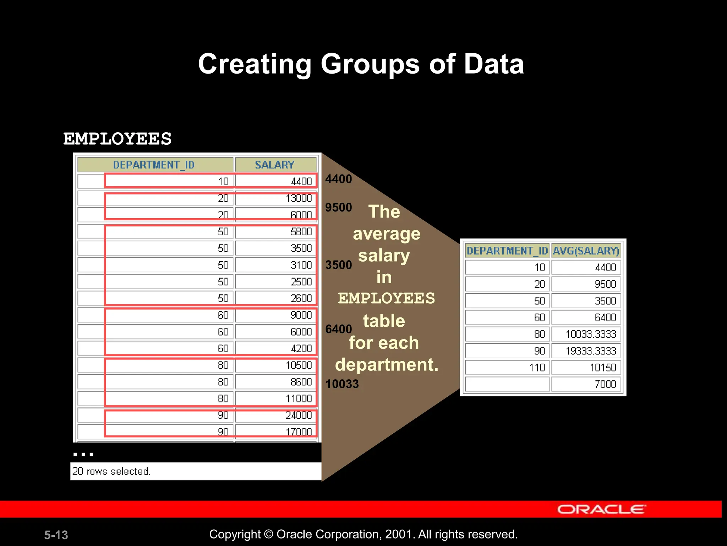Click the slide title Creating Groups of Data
click(x=361, y=64)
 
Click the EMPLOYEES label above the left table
click(x=117, y=139)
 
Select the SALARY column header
click(x=275, y=165)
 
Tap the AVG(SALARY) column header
click(x=586, y=251)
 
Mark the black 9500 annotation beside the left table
click(x=339, y=208)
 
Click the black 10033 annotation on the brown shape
click(x=342, y=384)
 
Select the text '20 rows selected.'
click(x=111, y=471)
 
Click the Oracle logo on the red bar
click(x=601, y=509)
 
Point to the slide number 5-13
click(x=56, y=535)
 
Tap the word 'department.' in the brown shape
click(x=387, y=365)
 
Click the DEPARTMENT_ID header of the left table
click(x=154, y=165)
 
